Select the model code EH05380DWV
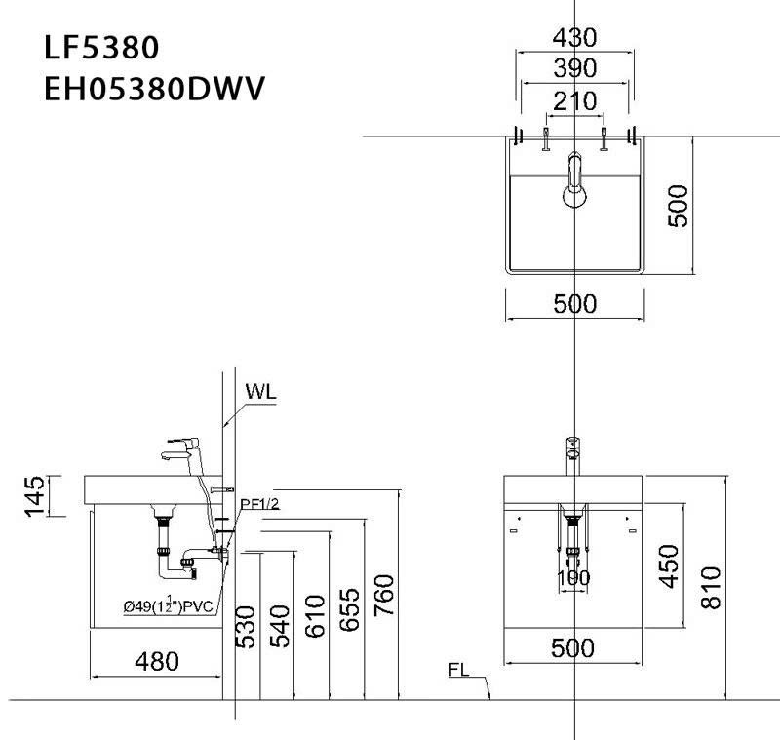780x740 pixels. (x=155, y=88)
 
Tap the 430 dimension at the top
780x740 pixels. (x=574, y=38)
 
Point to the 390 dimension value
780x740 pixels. (x=574, y=69)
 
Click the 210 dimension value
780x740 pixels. (x=574, y=100)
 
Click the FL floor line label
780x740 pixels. (x=461, y=671)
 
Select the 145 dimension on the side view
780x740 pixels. (x=35, y=495)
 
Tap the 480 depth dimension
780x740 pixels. (x=156, y=662)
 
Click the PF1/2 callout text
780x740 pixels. (x=260, y=503)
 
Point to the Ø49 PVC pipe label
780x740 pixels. (x=168, y=605)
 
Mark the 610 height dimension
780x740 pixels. (x=313, y=616)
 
